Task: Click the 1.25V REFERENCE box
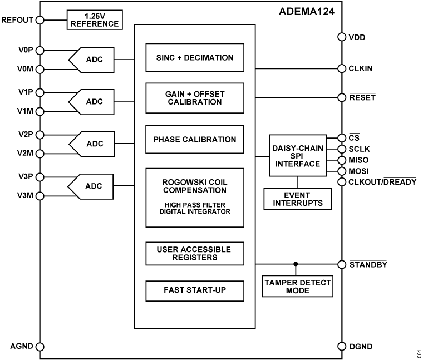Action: tap(94, 20)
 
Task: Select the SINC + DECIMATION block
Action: tap(194, 58)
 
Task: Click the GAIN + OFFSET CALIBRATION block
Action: tap(194, 98)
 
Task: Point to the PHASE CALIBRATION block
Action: tap(194, 140)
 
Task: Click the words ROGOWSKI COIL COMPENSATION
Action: tap(194, 186)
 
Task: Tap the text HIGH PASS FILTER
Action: tap(194, 204)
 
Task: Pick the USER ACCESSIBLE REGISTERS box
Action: tap(194, 253)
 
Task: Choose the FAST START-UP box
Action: tap(194, 290)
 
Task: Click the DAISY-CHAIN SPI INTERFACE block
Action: tap(297, 156)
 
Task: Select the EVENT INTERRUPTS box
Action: tap(297, 199)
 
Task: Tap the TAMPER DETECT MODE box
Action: tap(297, 287)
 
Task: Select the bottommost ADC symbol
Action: tap(92, 186)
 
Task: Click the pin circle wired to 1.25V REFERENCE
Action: tap(40, 20)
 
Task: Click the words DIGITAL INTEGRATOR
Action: tap(194, 211)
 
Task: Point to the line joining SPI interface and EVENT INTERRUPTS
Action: tap(297, 182)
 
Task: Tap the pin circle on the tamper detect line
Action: tap(342, 264)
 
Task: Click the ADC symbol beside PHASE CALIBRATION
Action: tap(92, 144)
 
